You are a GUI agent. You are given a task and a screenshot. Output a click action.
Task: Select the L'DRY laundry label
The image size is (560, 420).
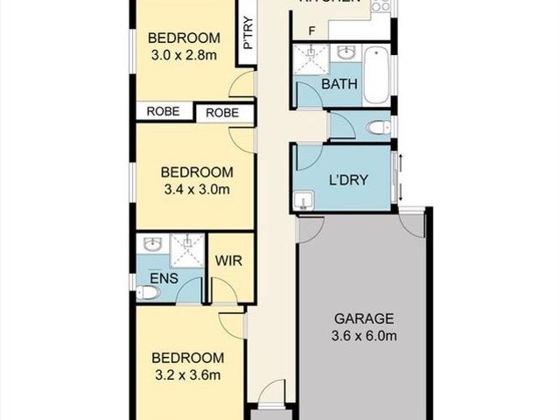tap(347, 182)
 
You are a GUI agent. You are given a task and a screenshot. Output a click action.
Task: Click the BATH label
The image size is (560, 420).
tap(338, 85)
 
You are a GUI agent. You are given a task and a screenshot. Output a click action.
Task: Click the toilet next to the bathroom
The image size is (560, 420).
tap(379, 128)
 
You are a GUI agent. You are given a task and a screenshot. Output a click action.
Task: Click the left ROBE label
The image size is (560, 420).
tap(164, 111)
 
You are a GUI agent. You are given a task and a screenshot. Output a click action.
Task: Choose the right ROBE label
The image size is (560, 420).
tap(223, 112)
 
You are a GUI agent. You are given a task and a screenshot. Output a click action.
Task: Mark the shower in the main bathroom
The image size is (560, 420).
tap(310, 59)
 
